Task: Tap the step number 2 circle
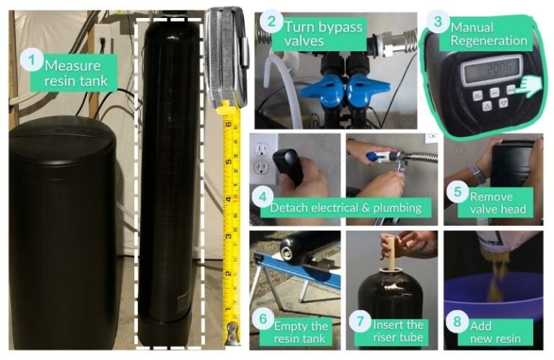point(271,22)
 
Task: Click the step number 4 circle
point(263,196)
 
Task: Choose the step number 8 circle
point(456,320)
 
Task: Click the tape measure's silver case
point(225,53)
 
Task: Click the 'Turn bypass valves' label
point(322,33)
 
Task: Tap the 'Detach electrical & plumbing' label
point(345,208)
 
